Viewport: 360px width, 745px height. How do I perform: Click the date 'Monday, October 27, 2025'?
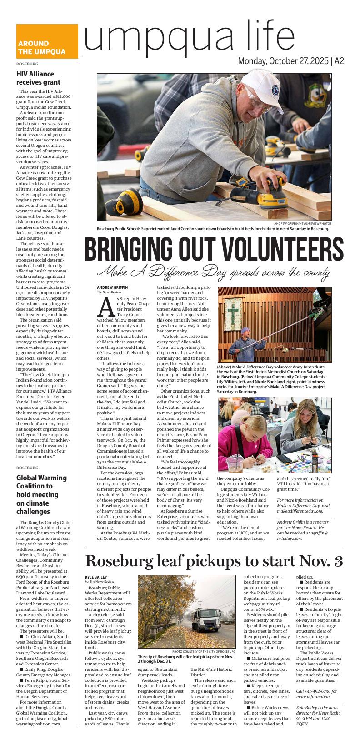283,61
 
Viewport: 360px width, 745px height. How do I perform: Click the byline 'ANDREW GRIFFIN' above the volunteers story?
112,287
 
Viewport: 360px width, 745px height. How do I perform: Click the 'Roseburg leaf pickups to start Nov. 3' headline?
214,562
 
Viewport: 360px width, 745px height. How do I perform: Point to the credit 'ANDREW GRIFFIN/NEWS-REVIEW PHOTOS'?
303,224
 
